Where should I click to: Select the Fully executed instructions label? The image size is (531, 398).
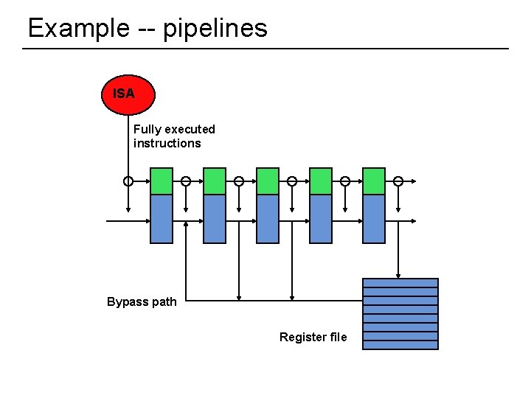174,136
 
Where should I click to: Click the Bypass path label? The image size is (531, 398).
142,301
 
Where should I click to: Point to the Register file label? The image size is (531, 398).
313,337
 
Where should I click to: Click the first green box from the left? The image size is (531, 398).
162,181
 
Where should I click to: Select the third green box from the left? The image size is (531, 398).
268,181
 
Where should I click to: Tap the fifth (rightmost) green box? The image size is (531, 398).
374,181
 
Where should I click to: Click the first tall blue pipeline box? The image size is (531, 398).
162,219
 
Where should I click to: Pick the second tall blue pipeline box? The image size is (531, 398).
215,219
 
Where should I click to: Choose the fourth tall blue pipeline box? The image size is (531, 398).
321,219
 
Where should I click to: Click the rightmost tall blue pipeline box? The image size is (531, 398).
374,219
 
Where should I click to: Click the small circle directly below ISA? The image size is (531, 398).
128,181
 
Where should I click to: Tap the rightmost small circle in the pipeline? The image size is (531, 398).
398,181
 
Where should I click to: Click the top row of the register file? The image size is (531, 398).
400,282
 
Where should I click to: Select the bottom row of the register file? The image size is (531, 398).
400,345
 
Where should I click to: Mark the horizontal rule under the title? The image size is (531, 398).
265,49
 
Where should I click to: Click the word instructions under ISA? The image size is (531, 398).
167,143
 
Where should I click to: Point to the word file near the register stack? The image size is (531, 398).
339,337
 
